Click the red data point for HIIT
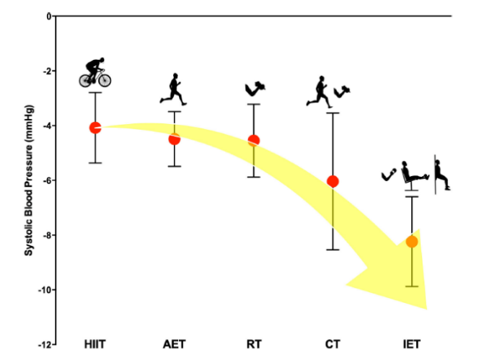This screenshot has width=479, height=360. click(x=95, y=128)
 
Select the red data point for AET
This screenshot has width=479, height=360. click(x=174, y=139)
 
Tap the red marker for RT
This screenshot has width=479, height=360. click(x=253, y=140)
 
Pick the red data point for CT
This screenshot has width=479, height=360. click(x=333, y=181)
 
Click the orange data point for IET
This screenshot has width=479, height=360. click(x=411, y=241)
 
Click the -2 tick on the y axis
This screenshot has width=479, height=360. click(x=47, y=71)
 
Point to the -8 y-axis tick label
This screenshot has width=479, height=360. click(x=47, y=235)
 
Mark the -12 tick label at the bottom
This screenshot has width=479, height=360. click(x=45, y=345)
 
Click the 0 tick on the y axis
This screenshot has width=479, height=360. click(x=48, y=16)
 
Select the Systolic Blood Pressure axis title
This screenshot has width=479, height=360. click(x=30, y=180)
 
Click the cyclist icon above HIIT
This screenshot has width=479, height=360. click(x=95, y=72)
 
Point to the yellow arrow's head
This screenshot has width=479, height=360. click(x=404, y=281)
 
